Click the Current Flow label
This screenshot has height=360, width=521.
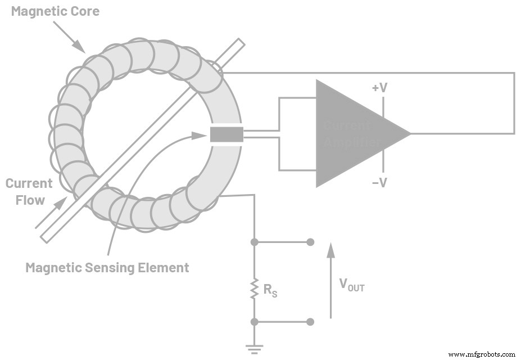click(x=29, y=191)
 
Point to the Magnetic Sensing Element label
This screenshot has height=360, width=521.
click(x=107, y=267)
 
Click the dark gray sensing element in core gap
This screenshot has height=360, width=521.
click(x=226, y=134)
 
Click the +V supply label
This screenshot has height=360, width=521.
click(x=380, y=88)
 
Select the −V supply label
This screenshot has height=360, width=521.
click(x=379, y=182)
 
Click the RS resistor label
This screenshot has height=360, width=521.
click(x=271, y=290)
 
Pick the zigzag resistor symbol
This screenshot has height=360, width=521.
click(x=254, y=289)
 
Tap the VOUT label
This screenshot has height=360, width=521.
click(x=352, y=285)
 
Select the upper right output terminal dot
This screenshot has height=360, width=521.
click(x=310, y=242)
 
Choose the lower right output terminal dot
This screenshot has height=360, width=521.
click(x=310, y=322)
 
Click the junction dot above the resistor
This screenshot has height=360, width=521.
click(x=254, y=242)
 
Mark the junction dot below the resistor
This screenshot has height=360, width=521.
click(x=254, y=322)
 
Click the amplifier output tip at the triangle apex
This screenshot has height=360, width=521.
click(x=410, y=133)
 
